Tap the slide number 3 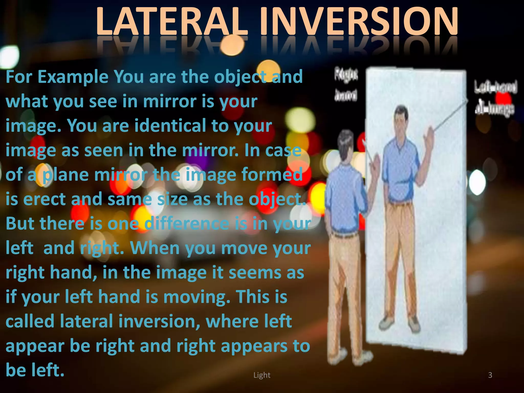(x=490, y=375)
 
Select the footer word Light (x=262, y=375)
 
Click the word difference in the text (x=187, y=223)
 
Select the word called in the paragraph (x=30, y=321)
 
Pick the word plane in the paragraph (x=65, y=175)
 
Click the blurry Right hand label (x=346, y=84)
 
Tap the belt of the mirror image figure (x=400, y=203)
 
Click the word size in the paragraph (x=172, y=199)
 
